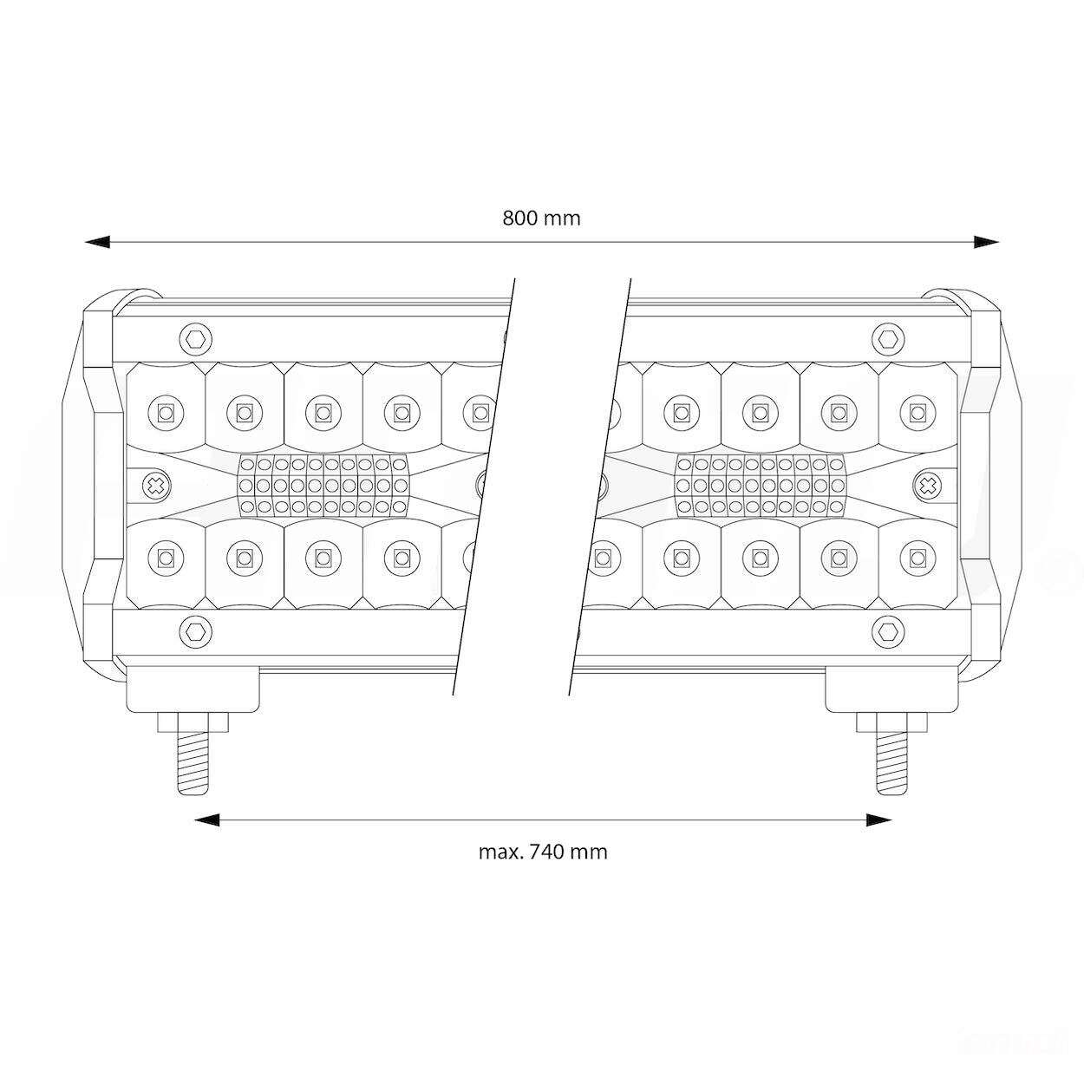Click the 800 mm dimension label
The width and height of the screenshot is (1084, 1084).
541,218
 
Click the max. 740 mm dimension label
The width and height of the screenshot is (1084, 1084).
543,852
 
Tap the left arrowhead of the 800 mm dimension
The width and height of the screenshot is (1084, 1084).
97,242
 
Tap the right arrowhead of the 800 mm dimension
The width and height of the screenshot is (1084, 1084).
986,242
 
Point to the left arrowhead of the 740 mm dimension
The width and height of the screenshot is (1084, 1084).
207,820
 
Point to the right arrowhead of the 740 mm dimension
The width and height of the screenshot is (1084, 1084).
878,820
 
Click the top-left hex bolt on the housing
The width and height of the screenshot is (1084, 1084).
196,339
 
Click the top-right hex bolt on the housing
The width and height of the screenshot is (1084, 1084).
888,339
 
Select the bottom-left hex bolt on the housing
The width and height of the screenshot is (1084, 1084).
196,631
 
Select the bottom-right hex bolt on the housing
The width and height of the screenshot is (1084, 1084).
888,631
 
